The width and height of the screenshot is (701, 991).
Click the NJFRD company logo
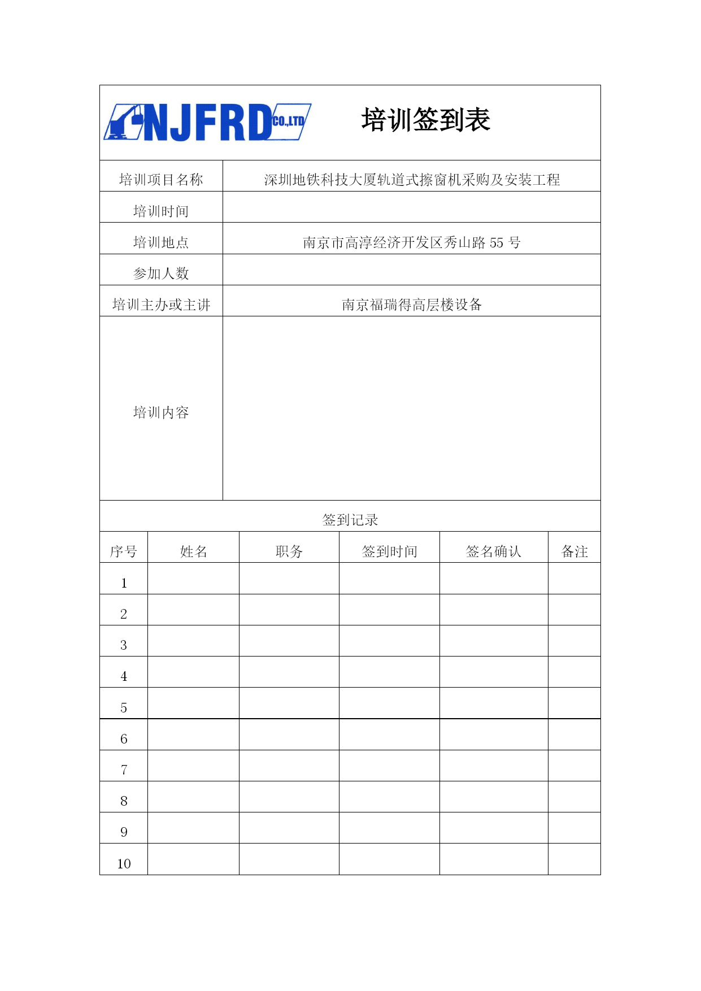[x=207, y=122]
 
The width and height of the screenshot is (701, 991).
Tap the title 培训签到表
[x=425, y=120]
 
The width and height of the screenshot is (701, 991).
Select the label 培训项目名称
[x=161, y=180]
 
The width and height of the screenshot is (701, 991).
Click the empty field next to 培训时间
[x=411, y=207]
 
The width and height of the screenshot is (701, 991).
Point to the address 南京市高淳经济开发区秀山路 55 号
[x=411, y=242]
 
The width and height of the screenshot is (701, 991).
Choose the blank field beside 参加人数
[x=411, y=270]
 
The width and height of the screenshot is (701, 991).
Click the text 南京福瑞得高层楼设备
[x=411, y=305]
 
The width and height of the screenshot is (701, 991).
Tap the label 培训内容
[x=161, y=412]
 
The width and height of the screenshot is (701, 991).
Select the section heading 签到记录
[x=350, y=520]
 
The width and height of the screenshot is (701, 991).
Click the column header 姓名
[x=193, y=551]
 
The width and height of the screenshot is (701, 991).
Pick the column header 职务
[x=289, y=551]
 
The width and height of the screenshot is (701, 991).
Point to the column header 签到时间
[x=389, y=551]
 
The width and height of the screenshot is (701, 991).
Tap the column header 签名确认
[x=493, y=551]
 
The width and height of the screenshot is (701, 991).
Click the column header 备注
[x=574, y=551]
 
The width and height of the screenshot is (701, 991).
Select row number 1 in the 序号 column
[x=124, y=583]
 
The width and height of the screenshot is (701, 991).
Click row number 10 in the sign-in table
[x=124, y=863]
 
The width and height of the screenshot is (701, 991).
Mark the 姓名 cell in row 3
[x=193, y=641]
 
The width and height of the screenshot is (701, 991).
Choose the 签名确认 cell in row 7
[x=494, y=766]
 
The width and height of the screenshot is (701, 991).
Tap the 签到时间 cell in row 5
[x=389, y=703]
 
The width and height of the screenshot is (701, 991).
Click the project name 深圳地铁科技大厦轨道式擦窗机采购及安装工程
[x=411, y=180]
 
